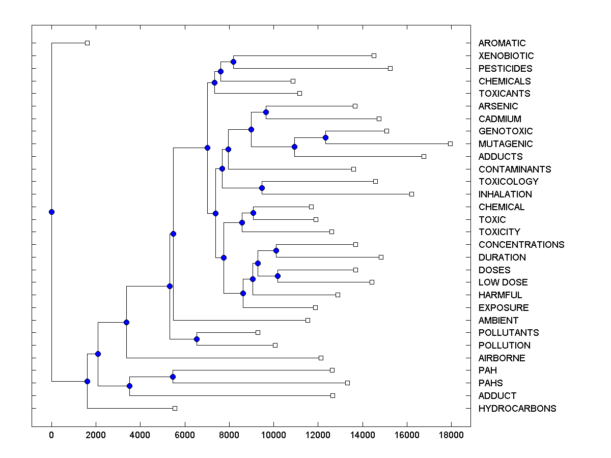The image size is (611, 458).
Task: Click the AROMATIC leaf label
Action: point(502,43)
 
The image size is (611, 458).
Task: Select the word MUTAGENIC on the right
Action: point(506,144)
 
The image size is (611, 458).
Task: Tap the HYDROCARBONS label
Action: point(517,409)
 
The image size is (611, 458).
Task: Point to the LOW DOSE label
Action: point(503,282)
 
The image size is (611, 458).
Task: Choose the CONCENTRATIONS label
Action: point(521,245)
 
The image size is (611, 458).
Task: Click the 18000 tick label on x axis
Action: point(451,435)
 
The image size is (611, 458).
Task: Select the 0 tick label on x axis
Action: point(51,435)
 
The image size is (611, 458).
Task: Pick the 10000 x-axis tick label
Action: point(273,435)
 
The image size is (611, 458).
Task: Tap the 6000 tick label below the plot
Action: point(185,435)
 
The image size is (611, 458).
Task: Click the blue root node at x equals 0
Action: point(51,212)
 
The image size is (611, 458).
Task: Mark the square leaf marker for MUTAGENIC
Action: point(450,144)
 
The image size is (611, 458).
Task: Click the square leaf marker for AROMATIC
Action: point(87,43)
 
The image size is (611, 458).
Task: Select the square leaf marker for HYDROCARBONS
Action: point(175,408)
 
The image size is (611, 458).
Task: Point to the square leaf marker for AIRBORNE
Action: point(321,358)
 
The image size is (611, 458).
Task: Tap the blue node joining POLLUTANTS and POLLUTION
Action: point(197,339)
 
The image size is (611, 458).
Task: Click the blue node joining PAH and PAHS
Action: point(173,377)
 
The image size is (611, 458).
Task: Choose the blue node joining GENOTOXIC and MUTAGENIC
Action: point(325,137)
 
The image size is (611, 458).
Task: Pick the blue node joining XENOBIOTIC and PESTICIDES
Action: point(233,62)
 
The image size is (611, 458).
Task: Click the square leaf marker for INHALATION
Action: point(411,194)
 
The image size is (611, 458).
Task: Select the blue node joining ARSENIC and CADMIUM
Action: point(266,112)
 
